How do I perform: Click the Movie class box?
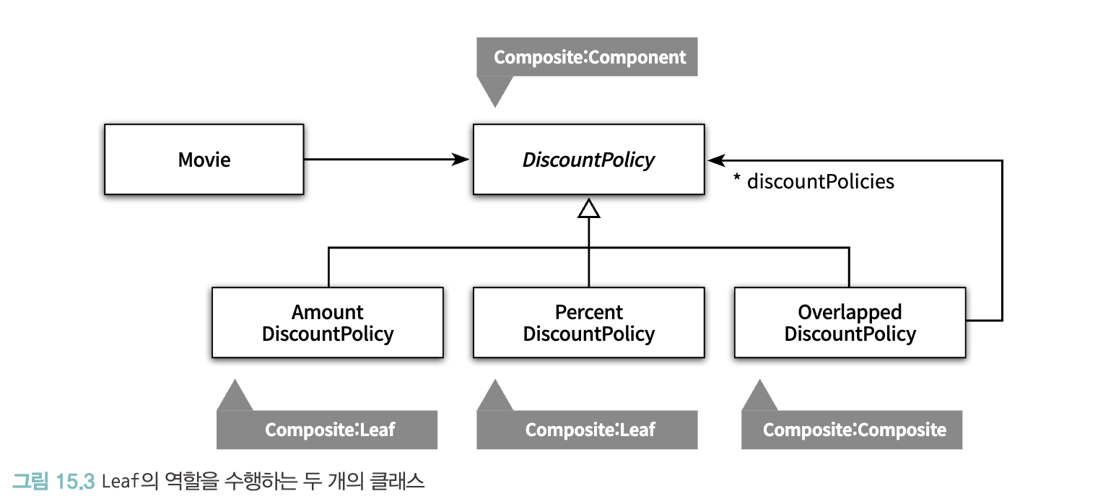click(x=204, y=159)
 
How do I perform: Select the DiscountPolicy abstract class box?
click(x=588, y=159)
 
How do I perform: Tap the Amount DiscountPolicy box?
click(x=327, y=322)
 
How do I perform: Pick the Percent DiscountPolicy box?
click(x=588, y=322)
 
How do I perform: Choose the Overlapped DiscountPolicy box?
click(x=850, y=322)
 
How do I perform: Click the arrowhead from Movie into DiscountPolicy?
click(x=461, y=160)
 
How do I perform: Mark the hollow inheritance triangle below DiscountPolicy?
click(x=588, y=209)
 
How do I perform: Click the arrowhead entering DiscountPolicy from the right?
click(x=716, y=160)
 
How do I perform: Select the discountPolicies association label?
click(x=820, y=181)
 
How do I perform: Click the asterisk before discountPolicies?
click(x=737, y=178)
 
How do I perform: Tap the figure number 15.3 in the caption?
click(x=75, y=482)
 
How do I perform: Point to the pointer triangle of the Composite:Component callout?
click(x=494, y=92)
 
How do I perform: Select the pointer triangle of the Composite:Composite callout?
click(x=760, y=395)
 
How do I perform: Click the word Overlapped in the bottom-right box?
click(x=850, y=312)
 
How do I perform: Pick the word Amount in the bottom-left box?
click(x=327, y=312)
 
